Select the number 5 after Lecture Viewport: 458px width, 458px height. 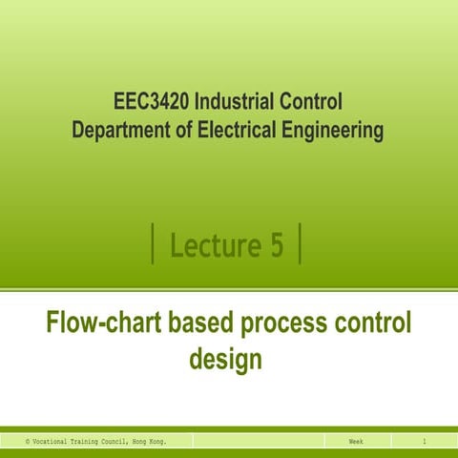(276, 245)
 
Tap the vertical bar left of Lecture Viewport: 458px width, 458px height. (154, 244)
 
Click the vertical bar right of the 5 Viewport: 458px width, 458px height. (301, 244)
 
